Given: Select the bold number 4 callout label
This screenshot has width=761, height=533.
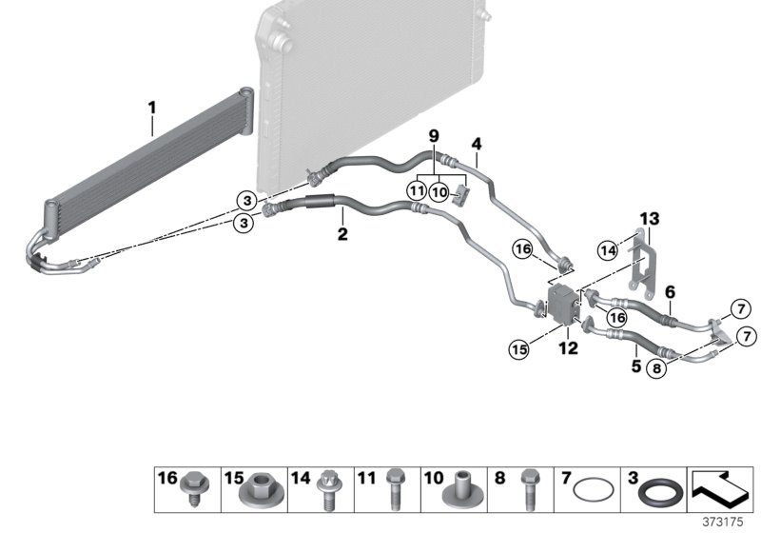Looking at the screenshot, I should coord(477,145).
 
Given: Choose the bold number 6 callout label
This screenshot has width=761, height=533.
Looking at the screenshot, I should coord(671,293).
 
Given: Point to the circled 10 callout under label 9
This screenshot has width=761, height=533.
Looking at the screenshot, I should coord(439,192).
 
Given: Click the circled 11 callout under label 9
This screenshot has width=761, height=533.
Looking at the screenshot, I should coord(416,192).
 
